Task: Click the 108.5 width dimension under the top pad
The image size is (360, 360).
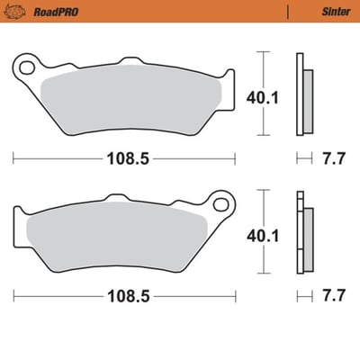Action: (x=123, y=158)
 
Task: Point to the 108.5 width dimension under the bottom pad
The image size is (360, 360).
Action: (x=123, y=294)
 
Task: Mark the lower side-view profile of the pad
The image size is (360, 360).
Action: (x=302, y=231)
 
